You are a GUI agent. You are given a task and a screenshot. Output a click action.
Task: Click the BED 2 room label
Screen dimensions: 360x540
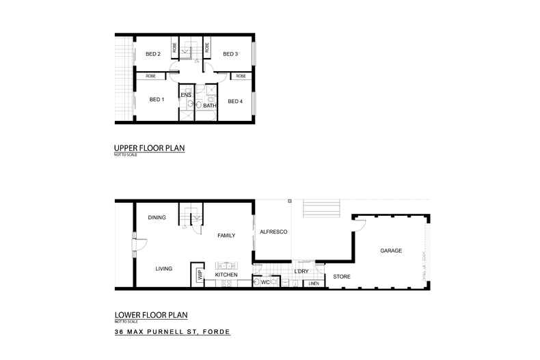click(x=153, y=54)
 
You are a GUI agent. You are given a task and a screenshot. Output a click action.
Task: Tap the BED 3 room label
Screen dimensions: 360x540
click(x=230, y=54)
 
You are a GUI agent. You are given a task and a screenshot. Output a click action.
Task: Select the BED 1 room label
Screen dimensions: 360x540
click(x=157, y=100)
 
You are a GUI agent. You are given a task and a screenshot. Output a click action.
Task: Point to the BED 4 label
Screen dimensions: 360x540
click(x=235, y=102)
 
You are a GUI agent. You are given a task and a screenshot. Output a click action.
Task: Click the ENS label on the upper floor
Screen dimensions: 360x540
click(x=186, y=94)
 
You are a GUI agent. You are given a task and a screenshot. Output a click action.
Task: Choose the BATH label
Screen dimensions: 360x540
click(x=210, y=106)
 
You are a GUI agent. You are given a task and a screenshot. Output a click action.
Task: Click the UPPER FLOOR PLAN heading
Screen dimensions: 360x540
click(x=150, y=148)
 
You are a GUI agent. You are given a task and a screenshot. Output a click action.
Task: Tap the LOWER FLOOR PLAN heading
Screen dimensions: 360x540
click(x=150, y=316)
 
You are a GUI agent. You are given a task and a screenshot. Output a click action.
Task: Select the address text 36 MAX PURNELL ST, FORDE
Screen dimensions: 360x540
click(x=172, y=332)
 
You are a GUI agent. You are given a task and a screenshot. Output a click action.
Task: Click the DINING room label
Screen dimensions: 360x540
click(x=157, y=218)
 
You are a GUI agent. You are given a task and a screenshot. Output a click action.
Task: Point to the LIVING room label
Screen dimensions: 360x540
click(x=163, y=268)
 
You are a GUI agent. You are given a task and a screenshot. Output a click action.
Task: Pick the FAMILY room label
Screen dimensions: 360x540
click(x=226, y=235)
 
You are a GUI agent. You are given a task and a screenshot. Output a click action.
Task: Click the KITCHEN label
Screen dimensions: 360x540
click(x=226, y=275)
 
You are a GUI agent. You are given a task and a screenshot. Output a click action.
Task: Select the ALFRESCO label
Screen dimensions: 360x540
click(x=273, y=233)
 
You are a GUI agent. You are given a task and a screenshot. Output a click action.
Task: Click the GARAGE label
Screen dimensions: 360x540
click(x=391, y=251)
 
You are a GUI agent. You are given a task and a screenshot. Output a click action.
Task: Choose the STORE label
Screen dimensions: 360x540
click(x=341, y=277)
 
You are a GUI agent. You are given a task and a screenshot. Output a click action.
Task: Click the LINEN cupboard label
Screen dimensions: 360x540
click(x=314, y=283)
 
